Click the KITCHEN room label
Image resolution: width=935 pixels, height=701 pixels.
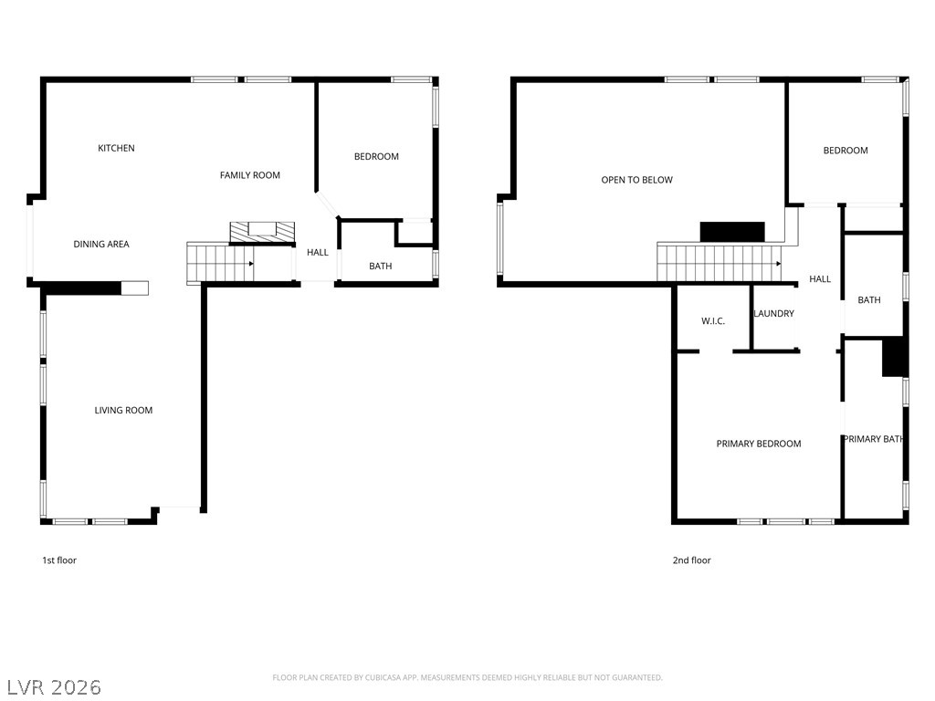pyautogui.click(x=116, y=148)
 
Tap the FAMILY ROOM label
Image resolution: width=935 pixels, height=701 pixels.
pyautogui.click(x=249, y=175)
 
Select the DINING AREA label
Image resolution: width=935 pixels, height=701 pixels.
pyautogui.click(x=101, y=244)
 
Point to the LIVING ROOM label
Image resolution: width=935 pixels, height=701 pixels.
pyautogui.click(x=123, y=411)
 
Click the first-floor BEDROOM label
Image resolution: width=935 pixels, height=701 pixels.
pyautogui.click(x=376, y=156)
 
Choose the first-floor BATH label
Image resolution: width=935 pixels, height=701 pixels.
pyautogui.click(x=380, y=267)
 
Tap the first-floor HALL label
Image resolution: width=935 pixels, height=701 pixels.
pyautogui.click(x=317, y=253)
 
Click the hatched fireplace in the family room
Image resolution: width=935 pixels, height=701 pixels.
pyautogui.click(x=263, y=232)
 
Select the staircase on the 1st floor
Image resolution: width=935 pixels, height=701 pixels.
pyautogui.click(x=220, y=263)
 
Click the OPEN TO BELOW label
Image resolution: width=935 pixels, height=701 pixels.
pyautogui.click(x=636, y=180)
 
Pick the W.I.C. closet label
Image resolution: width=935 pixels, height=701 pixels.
pyautogui.click(x=713, y=321)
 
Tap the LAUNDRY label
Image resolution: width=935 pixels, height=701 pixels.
pyautogui.click(x=773, y=314)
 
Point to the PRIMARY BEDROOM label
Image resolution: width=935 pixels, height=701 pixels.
pyautogui.click(x=758, y=444)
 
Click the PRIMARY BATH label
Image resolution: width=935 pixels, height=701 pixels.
pyautogui.click(x=873, y=439)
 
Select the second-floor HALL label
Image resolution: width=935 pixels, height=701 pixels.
pyautogui.click(x=820, y=279)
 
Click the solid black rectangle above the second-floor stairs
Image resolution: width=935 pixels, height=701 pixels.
pyautogui.click(x=732, y=232)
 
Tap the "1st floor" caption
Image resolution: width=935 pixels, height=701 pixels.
pyautogui.click(x=59, y=560)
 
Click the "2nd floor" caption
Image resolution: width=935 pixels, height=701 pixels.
pyautogui.click(x=691, y=560)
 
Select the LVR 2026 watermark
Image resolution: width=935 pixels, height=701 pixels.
pyautogui.click(x=54, y=686)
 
